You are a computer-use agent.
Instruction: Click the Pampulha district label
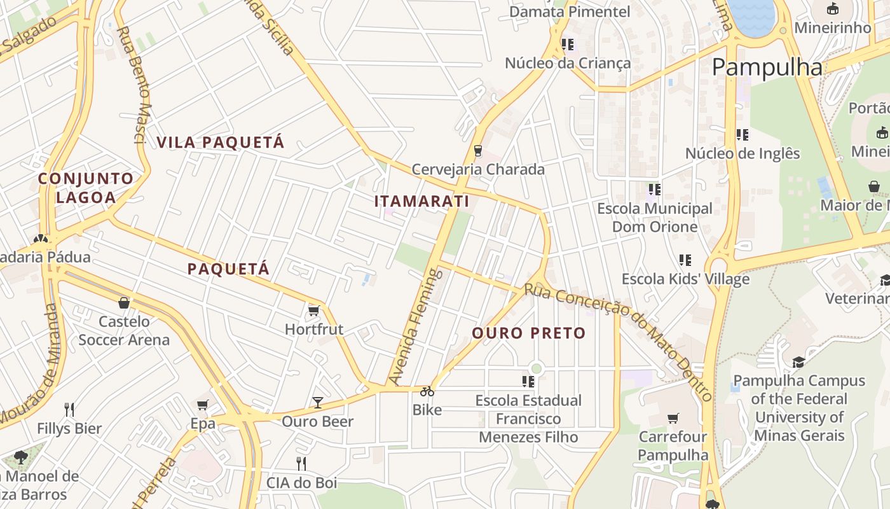click(x=767, y=67)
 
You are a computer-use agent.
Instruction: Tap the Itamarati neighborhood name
click(x=421, y=201)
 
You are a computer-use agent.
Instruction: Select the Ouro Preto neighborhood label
click(x=528, y=333)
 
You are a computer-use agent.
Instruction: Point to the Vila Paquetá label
click(x=220, y=142)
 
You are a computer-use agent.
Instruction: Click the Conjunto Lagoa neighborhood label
click(x=86, y=188)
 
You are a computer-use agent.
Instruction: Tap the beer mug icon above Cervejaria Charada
click(x=477, y=151)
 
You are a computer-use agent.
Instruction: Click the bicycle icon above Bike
click(x=427, y=391)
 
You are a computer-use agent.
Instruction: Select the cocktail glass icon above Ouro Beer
click(x=317, y=403)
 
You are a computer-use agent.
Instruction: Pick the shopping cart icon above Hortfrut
click(x=313, y=310)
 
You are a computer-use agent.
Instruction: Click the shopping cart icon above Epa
click(x=203, y=405)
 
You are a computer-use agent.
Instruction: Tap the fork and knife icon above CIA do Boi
click(x=301, y=463)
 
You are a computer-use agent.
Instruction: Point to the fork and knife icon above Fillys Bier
click(x=69, y=409)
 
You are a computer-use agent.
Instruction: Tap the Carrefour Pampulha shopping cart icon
click(x=673, y=418)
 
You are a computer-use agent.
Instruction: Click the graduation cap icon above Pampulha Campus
click(x=798, y=362)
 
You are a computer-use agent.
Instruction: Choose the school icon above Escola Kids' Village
click(x=685, y=260)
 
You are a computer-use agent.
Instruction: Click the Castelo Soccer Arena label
click(x=124, y=330)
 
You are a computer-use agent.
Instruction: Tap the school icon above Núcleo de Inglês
click(x=742, y=135)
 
